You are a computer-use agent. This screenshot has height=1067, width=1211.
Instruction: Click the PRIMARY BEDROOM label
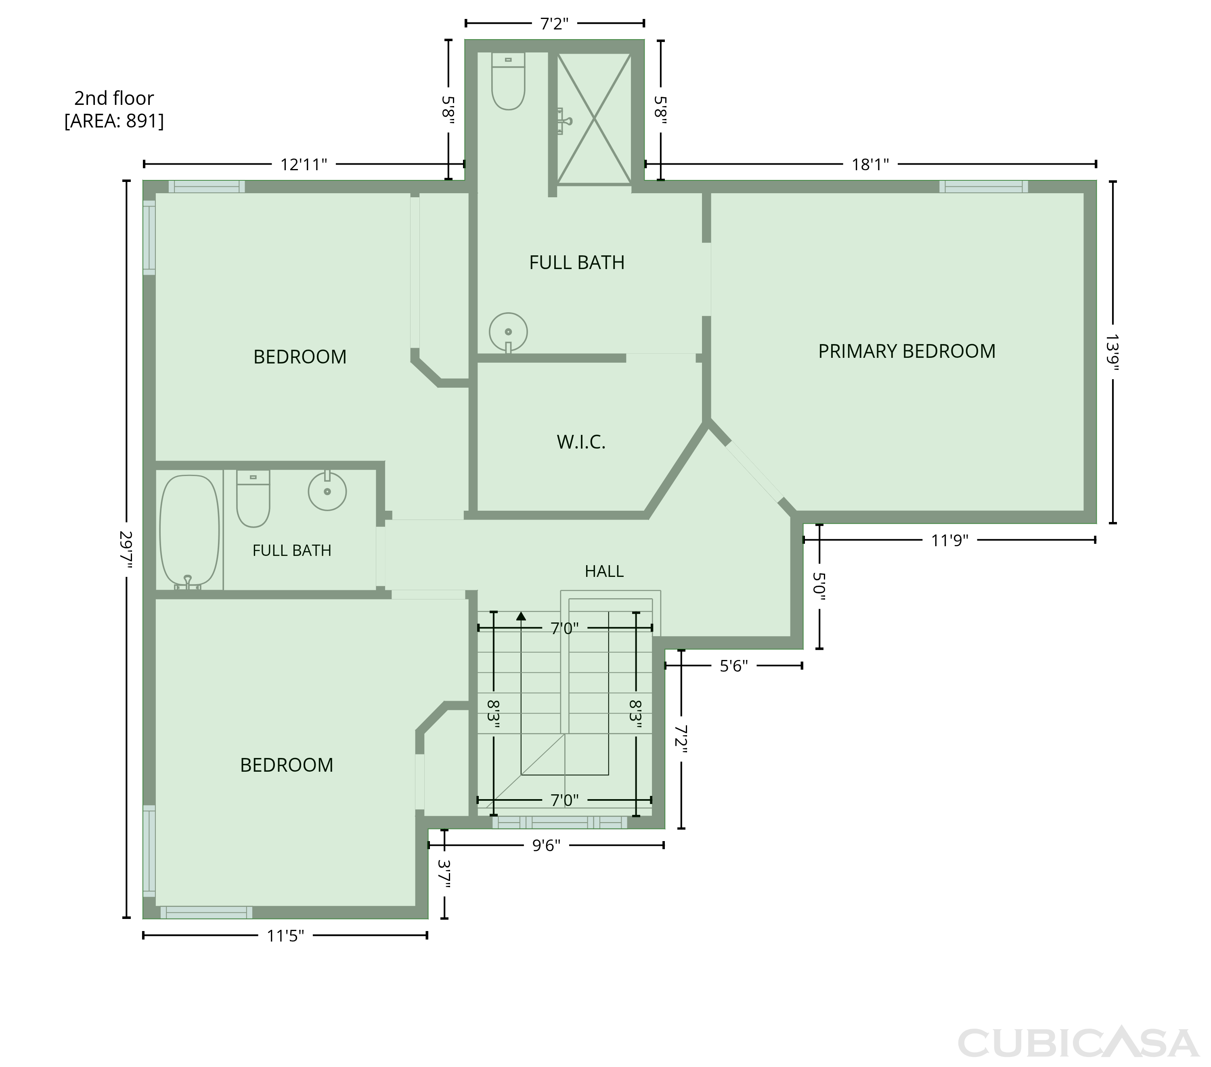click(907, 351)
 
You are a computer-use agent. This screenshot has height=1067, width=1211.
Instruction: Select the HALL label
click(604, 571)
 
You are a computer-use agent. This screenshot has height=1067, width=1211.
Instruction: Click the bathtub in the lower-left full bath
click(190, 531)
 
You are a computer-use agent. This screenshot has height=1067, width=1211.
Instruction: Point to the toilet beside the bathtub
click(253, 499)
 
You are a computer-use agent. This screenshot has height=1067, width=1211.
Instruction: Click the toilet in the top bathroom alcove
click(508, 81)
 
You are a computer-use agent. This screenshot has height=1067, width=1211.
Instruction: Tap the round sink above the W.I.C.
click(508, 332)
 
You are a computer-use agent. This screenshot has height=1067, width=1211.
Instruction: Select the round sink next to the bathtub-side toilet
click(327, 491)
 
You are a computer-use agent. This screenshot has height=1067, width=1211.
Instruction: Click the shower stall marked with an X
click(594, 119)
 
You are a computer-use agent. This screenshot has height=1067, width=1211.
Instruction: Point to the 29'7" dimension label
click(126, 549)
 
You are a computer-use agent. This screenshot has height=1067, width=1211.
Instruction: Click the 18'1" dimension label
click(870, 165)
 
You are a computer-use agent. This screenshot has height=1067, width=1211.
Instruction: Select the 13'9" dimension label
click(1112, 353)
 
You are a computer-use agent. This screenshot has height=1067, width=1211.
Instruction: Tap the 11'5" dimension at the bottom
click(285, 935)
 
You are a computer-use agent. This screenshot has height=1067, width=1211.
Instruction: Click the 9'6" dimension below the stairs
click(546, 845)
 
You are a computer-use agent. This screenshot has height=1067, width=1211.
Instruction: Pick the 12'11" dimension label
click(303, 165)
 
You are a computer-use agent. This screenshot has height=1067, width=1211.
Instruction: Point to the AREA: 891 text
click(114, 121)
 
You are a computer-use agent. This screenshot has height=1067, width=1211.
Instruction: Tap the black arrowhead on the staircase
click(521, 616)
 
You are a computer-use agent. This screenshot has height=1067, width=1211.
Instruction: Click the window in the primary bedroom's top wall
click(983, 186)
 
